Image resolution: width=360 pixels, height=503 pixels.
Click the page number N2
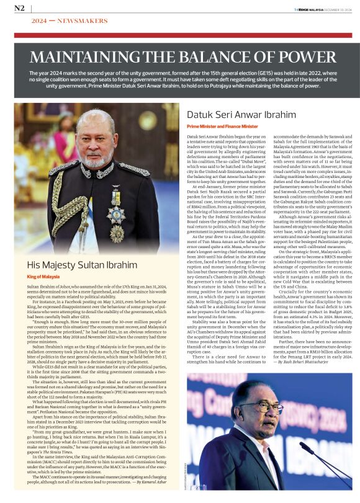click(x=19, y=7)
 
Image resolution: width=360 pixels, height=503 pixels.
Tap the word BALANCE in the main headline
click(x=210, y=59)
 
